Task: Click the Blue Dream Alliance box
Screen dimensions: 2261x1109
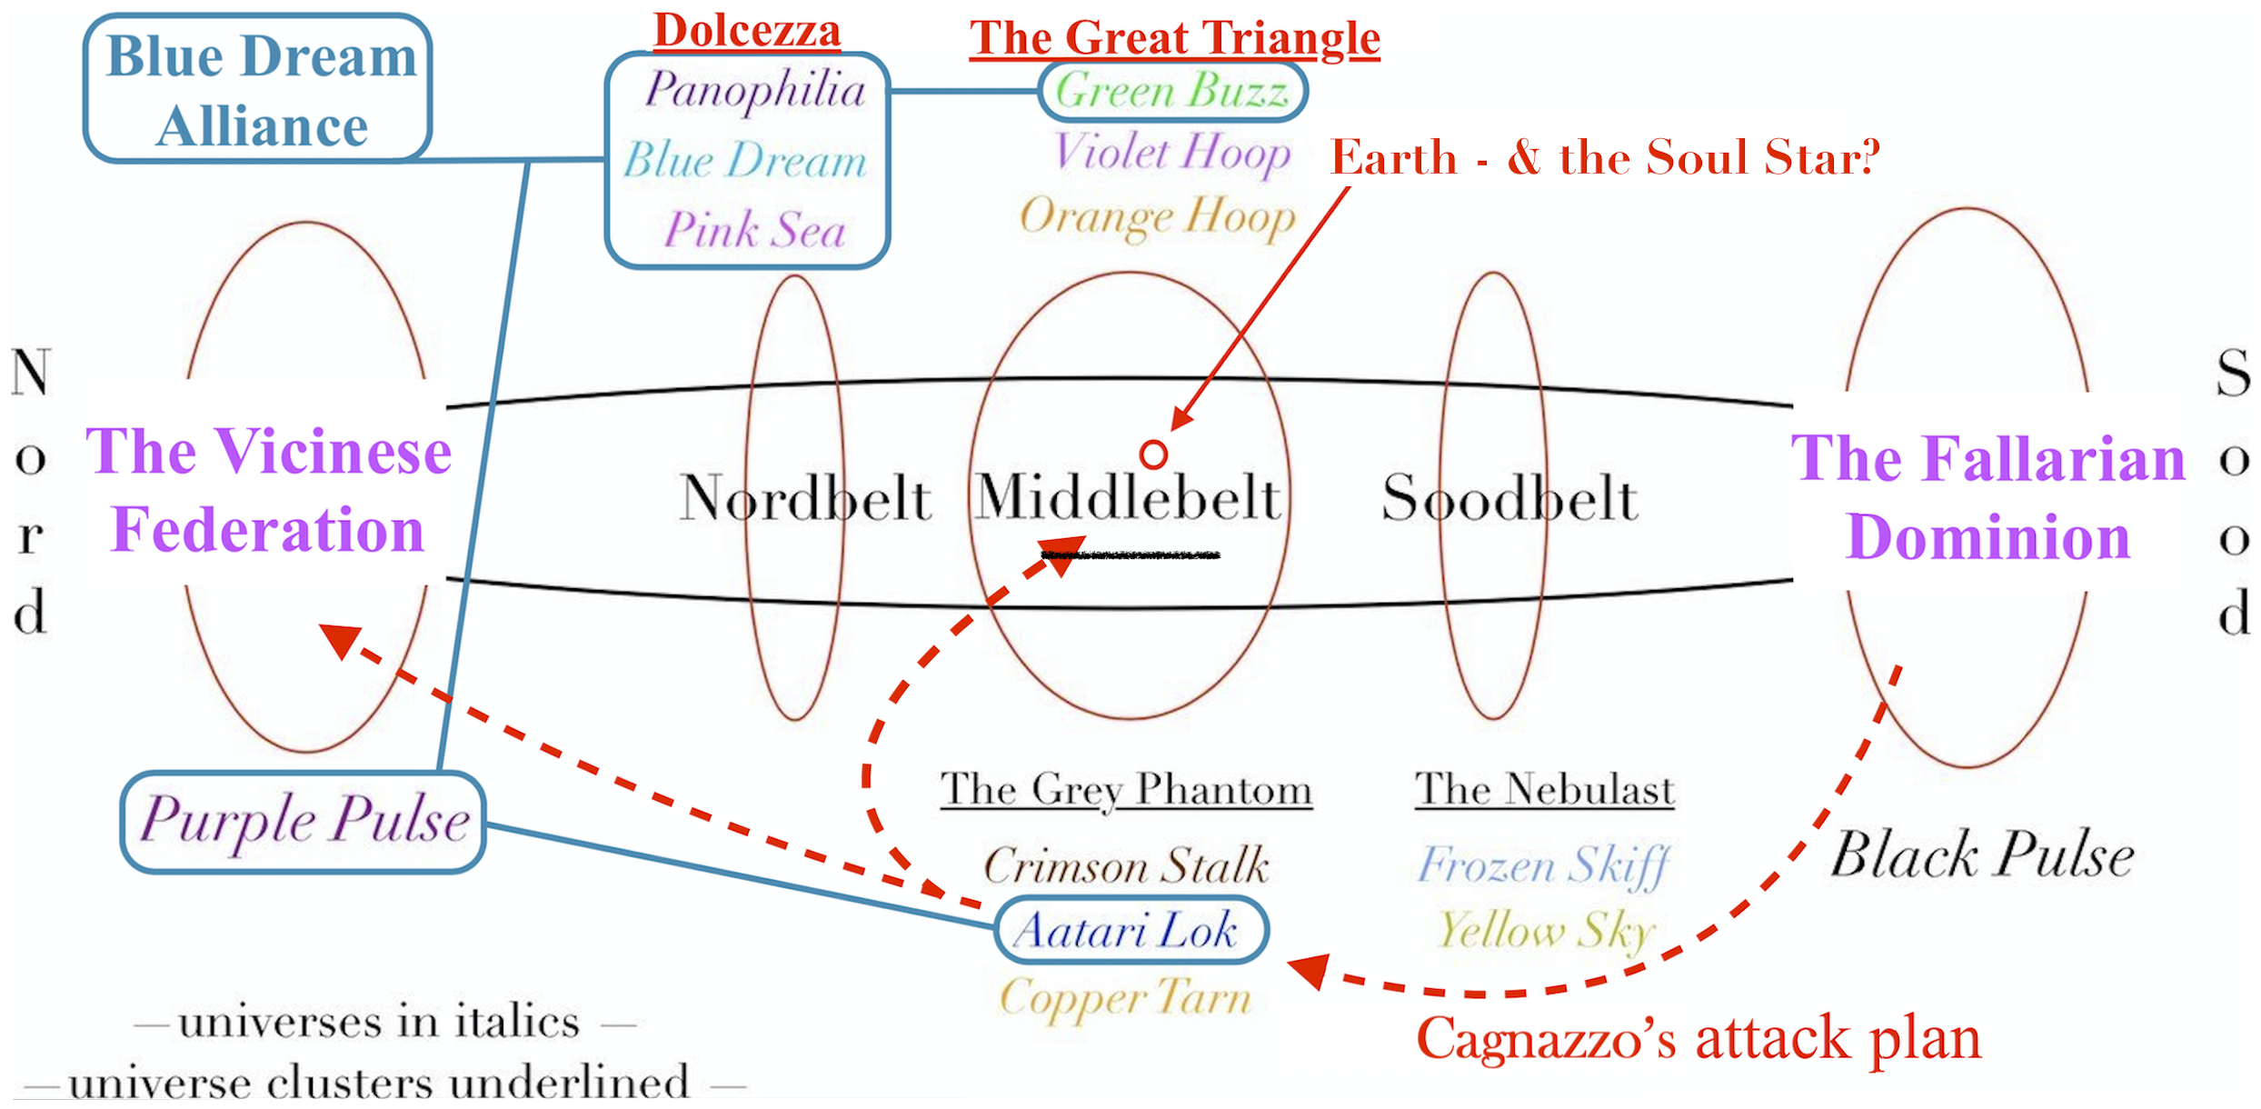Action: (257, 89)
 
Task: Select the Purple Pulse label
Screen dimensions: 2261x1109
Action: (304, 822)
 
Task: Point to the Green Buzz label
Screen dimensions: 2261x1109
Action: (1172, 92)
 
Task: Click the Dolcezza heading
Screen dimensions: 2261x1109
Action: (747, 31)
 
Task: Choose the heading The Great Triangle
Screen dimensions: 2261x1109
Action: (1174, 38)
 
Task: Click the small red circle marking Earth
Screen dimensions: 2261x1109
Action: (1153, 454)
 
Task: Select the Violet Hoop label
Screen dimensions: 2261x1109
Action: (1171, 153)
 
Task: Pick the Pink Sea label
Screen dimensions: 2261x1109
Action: (754, 229)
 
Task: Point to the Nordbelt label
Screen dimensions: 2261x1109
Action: (805, 498)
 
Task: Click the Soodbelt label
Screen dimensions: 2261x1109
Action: (1509, 498)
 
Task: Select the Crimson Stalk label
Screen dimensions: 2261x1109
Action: (1126, 865)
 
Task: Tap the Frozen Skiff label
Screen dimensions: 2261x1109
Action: (1543, 865)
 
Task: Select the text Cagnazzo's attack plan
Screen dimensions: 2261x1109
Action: (1698, 1038)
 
